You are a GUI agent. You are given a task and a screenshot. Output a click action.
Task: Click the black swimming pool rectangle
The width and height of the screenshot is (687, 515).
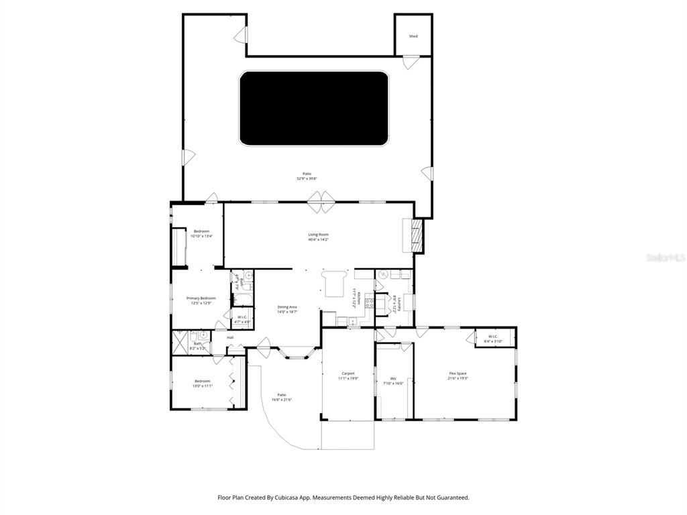tap(313, 109)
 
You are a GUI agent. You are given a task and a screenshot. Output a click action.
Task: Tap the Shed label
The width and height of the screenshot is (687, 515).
tap(413, 36)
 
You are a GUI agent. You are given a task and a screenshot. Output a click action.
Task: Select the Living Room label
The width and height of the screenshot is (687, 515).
tap(318, 234)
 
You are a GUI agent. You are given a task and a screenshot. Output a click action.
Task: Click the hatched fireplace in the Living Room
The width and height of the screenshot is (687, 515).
tap(417, 236)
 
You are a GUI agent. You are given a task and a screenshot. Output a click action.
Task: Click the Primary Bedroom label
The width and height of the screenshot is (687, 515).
tap(201, 298)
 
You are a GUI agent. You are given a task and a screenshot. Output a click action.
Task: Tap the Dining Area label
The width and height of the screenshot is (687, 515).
tap(287, 307)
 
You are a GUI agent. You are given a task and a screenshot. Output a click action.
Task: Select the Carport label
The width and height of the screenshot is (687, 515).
tap(348, 374)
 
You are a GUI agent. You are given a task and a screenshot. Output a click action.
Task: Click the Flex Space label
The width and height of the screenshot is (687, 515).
tap(458, 374)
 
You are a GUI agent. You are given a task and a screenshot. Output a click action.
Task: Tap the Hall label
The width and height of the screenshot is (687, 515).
tap(230, 337)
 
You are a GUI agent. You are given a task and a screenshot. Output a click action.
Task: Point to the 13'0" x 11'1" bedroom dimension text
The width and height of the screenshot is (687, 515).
tap(203, 386)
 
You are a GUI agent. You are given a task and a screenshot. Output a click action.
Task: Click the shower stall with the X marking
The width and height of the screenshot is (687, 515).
tap(179, 342)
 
